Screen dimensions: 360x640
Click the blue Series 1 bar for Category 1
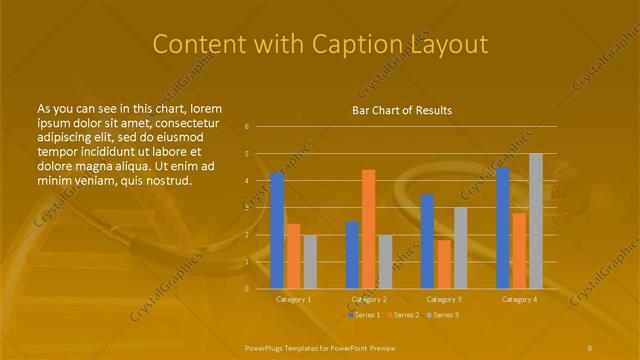tap(277, 230)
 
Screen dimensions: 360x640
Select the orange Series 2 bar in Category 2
tap(369, 229)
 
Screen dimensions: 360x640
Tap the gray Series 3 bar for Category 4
tap(536, 220)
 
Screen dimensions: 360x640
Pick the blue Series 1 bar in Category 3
tap(427, 241)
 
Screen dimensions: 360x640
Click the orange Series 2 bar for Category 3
tap(444, 264)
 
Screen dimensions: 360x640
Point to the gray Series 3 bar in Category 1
tap(310, 261)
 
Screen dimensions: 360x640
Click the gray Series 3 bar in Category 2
tap(385, 261)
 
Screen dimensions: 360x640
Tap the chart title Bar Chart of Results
tap(402, 110)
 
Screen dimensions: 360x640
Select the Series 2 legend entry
tap(403, 315)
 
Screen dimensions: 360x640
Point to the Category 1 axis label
tap(294, 299)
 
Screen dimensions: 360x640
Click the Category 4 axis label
tap(519, 299)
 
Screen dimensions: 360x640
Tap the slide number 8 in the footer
tap(589, 347)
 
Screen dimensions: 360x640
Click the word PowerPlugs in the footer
tap(267, 347)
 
